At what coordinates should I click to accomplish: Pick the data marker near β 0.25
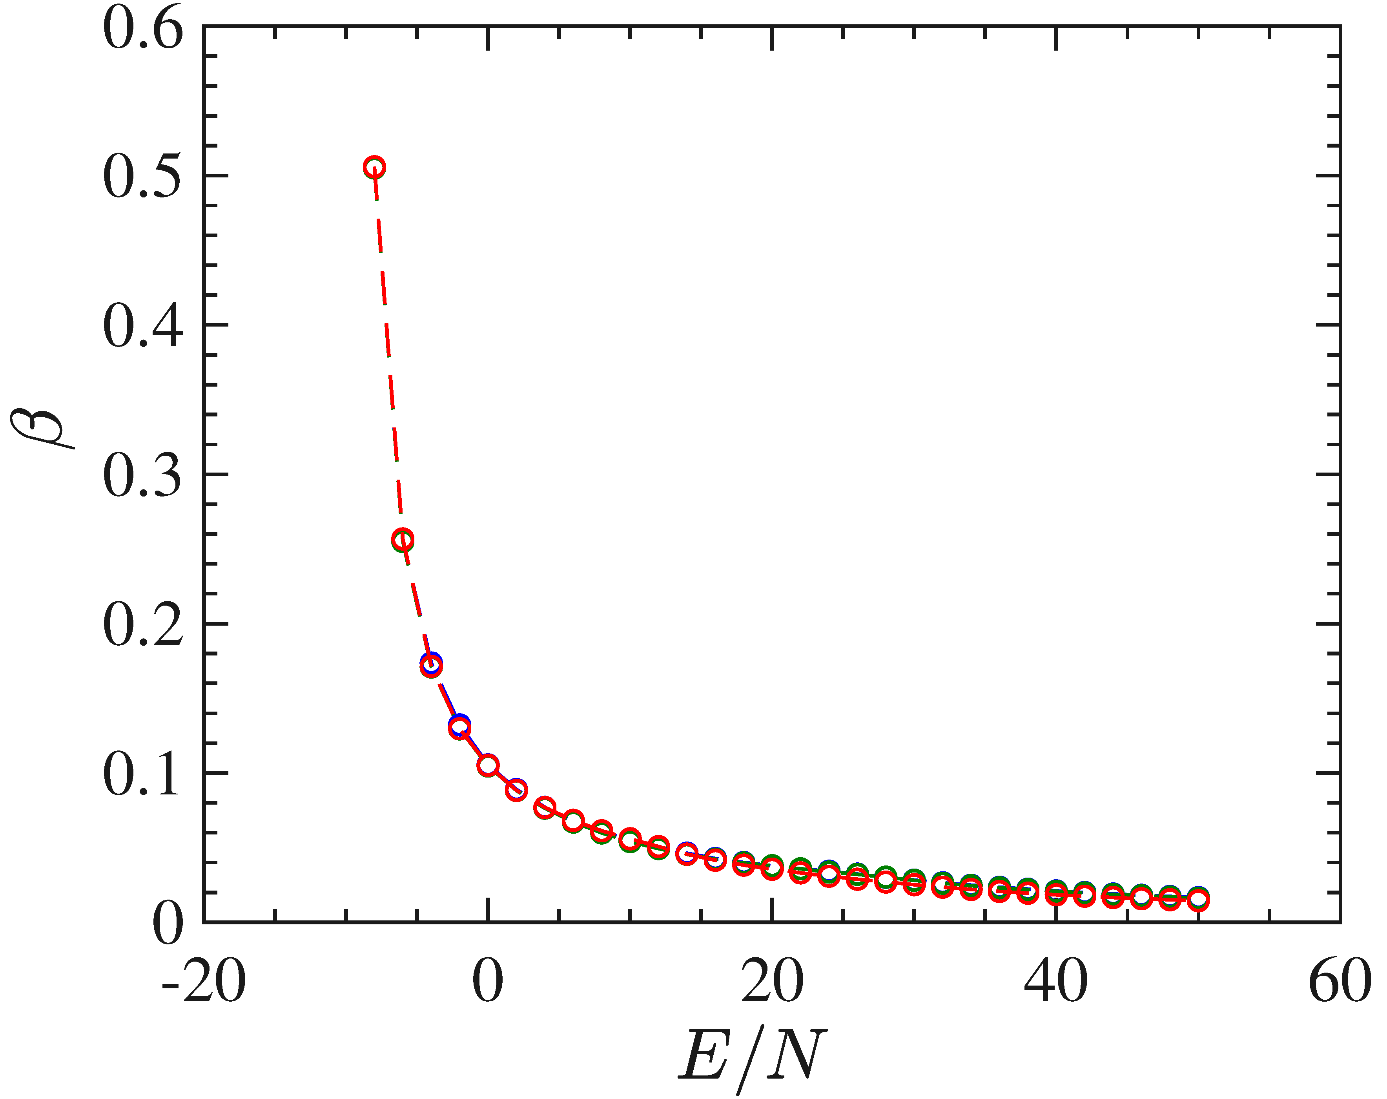[x=403, y=540]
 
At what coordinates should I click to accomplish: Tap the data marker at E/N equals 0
[x=488, y=765]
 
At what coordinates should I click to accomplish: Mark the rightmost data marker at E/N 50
[x=1198, y=899]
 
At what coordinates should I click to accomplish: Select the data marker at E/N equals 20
[x=772, y=868]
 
